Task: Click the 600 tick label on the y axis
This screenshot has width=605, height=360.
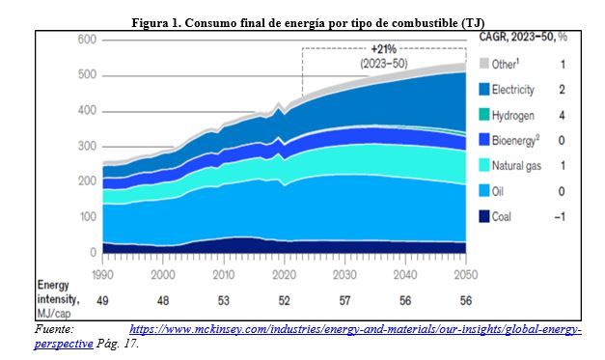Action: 87,40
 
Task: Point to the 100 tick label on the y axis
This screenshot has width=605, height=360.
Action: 87,217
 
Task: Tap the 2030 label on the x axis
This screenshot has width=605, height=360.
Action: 344,275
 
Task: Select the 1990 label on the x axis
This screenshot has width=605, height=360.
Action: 102,275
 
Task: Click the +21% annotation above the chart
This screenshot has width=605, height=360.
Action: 383,49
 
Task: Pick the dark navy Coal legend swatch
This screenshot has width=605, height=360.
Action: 483,216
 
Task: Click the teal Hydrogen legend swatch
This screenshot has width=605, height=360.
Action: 483,115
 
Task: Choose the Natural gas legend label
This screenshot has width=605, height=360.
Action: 516,166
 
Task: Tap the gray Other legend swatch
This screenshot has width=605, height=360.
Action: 483,64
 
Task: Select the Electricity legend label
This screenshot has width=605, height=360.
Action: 512,90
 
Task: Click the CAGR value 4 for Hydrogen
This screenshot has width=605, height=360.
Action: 562,115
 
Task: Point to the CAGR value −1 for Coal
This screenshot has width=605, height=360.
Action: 560,217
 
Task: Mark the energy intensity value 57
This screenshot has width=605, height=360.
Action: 344,300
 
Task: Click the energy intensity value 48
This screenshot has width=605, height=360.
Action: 163,300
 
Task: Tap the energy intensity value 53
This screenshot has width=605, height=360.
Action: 224,300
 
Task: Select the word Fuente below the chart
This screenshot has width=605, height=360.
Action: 54,329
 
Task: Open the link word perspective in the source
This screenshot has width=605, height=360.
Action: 64,344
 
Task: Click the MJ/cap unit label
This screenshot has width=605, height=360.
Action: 54,313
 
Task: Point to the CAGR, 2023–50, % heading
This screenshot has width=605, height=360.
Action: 523,37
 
